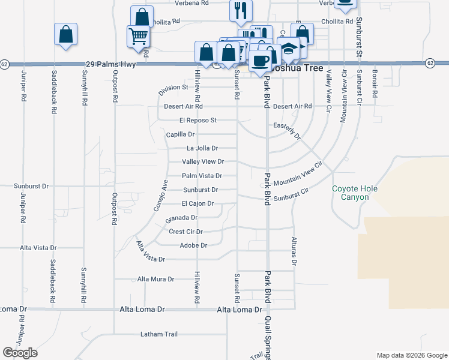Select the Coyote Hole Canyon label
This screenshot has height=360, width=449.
(x=355, y=193)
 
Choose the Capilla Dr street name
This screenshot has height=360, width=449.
(x=181, y=134)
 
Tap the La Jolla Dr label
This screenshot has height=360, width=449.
(x=202, y=148)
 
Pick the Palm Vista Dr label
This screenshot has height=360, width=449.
(x=202, y=176)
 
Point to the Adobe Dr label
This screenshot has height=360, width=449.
(x=193, y=245)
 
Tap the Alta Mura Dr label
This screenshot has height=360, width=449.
(x=155, y=279)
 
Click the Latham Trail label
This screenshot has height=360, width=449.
(x=160, y=334)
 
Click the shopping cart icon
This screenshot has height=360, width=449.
(x=138, y=37)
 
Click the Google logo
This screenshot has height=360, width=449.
(x=20, y=353)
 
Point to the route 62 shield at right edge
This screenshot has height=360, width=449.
(x=430, y=63)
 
